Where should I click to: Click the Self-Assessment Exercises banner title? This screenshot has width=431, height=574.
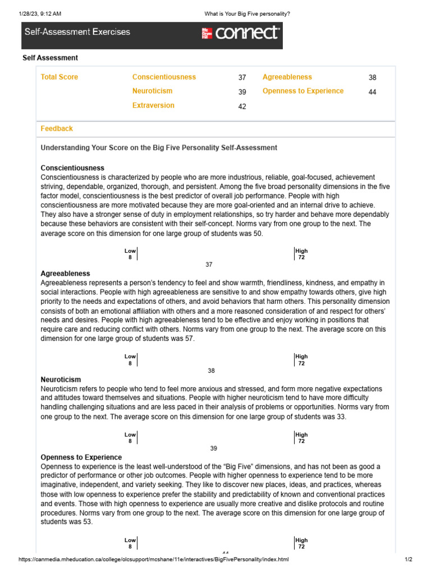77,32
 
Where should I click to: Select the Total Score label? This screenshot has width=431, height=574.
59,77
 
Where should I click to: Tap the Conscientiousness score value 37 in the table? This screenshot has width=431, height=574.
242,78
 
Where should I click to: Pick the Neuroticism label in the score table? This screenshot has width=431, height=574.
152,91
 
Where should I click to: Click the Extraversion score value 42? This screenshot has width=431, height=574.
242,107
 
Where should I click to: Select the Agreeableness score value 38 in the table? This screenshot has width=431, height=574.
373,78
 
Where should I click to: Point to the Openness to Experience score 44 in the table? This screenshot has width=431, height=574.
373,92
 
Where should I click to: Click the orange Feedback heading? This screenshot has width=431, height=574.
57,128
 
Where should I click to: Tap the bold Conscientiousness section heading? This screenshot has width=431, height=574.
72,168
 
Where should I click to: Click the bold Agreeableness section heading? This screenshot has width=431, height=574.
65,273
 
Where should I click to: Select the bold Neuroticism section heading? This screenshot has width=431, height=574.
61,379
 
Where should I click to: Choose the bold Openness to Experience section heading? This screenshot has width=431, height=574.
81,457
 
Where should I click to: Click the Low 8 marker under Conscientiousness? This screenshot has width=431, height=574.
130,254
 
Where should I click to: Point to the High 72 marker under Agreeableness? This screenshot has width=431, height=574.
301,360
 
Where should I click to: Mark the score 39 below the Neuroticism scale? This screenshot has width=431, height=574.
213,448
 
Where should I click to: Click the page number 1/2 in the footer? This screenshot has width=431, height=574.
409,559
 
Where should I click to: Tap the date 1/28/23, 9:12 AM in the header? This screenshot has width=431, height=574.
39,13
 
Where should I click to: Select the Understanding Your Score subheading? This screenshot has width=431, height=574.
159,147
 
